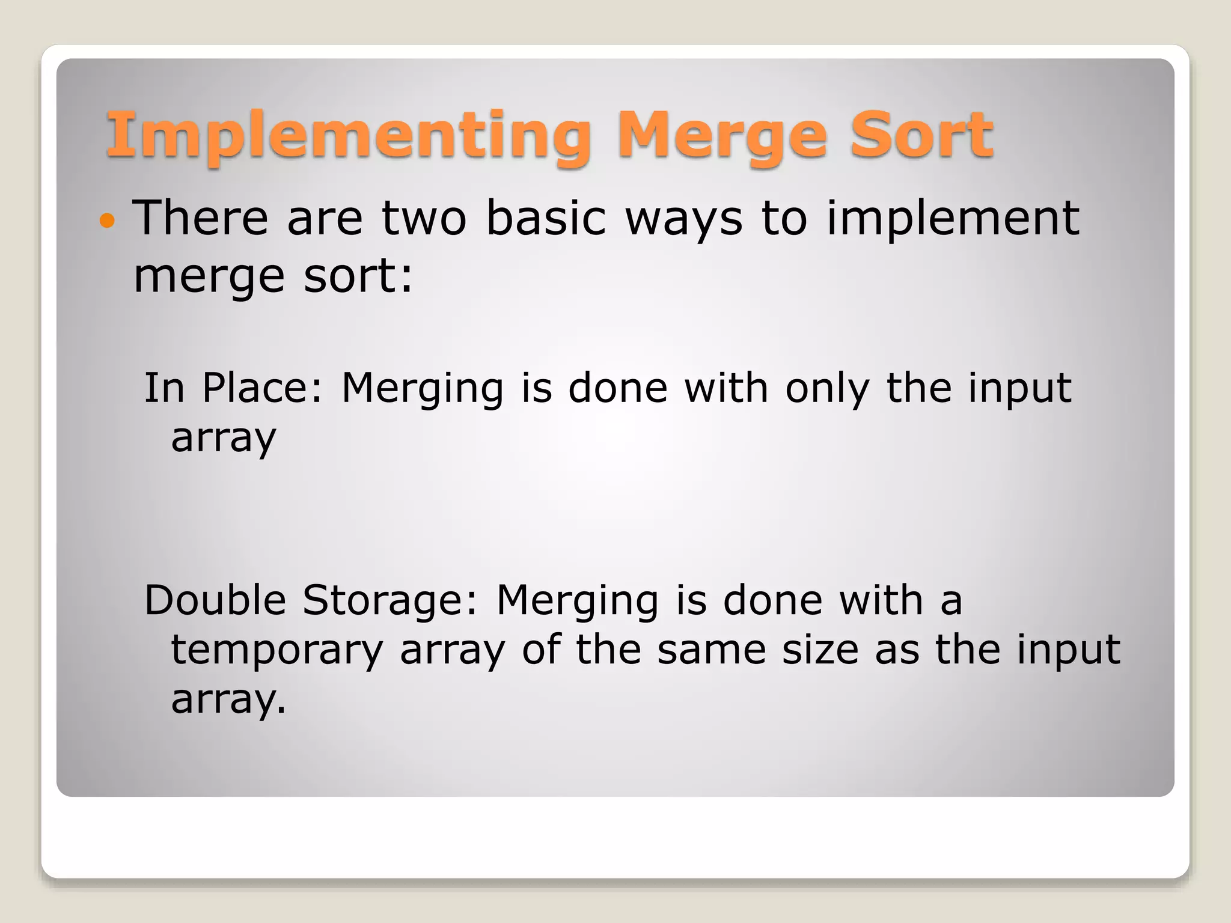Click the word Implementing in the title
coord(347,136)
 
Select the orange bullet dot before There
coord(107,221)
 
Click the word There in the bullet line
coord(200,218)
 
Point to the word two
coord(424,218)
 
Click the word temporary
coord(277,651)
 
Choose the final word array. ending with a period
coord(228,701)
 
